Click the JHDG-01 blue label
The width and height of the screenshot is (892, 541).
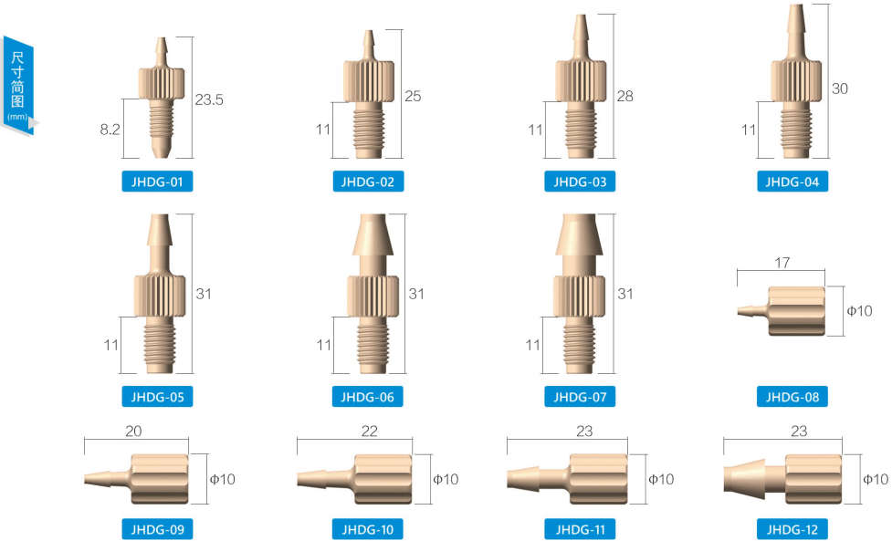[157, 182]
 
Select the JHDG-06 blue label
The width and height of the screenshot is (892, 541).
[368, 397]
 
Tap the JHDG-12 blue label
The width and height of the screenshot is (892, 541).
[792, 529]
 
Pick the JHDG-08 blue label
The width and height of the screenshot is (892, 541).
[792, 397]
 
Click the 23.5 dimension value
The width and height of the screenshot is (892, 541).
[209, 99]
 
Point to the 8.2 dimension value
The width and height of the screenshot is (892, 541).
[110, 130]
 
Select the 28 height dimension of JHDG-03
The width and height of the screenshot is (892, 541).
[624, 96]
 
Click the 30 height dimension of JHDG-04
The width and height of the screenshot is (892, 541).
[840, 88]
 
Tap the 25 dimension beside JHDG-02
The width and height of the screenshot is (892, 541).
[413, 96]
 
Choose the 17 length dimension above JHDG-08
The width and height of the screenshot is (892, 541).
[782, 263]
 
